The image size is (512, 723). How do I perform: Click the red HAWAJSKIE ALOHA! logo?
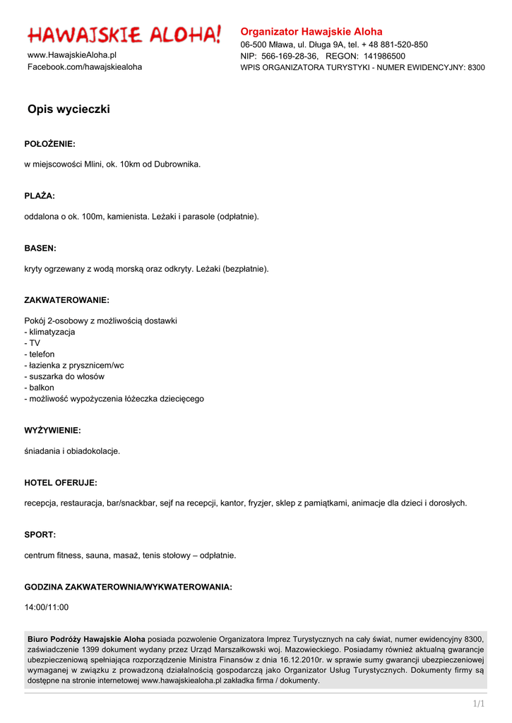[x=124, y=34]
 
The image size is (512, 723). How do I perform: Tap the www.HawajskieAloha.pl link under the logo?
[x=72, y=55]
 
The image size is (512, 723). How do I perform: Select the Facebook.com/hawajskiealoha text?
[x=85, y=67]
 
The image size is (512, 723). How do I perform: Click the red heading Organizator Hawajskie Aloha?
[x=311, y=32]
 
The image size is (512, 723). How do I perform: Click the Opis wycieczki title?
[x=69, y=109]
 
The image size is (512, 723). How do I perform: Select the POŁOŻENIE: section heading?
[x=49, y=144]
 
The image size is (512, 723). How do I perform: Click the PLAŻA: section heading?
[x=40, y=196]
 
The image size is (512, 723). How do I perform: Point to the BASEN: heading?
[x=40, y=249]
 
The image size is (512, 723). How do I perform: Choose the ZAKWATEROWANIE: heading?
[x=67, y=300]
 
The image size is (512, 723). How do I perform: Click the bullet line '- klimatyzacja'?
[x=50, y=332]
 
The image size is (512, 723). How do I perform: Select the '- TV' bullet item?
[x=32, y=343]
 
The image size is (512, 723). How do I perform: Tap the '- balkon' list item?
[x=40, y=388]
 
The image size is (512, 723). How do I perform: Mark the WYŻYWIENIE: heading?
[x=53, y=430]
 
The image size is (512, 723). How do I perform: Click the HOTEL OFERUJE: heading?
[x=61, y=483]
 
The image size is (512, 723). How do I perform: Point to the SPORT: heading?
[x=40, y=535]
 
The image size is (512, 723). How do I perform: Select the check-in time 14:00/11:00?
[x=47, y=607]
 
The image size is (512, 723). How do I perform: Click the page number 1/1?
[x=478, y=704]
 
